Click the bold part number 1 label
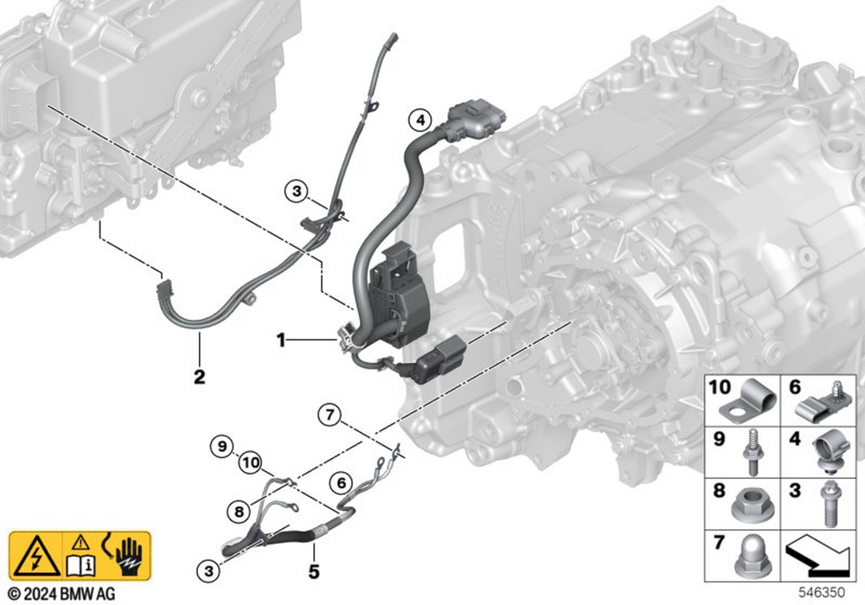tap(281, 341)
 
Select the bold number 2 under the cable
tap(199, 377)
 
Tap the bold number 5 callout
tap(314, 571)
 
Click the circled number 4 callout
tap(420, 119)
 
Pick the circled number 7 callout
tap(330, 414)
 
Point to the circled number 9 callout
tap(221, 446)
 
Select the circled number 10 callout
tap(251, 462)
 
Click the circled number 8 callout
tap(239, 512)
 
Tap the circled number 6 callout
tap(342, 483)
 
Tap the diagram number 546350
tap(822, 593)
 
